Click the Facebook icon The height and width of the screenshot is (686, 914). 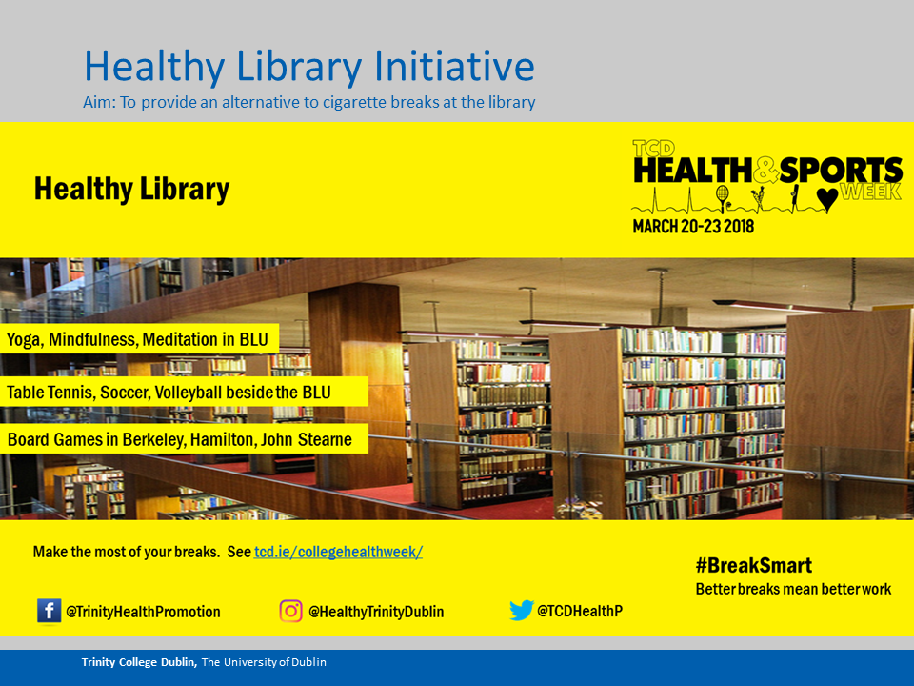(49, 611)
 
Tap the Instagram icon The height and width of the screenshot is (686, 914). (291, 611)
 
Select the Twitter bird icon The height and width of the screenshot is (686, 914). (522, 610)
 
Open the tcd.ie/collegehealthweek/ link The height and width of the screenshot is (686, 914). (338, 552)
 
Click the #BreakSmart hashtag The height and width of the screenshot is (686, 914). (754, 565)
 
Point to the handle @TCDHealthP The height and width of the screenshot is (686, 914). (580, 611)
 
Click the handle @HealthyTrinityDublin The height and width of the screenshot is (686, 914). (376, 612)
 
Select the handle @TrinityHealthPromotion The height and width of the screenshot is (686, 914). (144, 612)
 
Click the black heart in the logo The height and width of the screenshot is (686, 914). (827, 199)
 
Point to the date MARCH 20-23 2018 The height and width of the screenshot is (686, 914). (694, 227)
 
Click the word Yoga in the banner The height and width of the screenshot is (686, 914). (24, 340)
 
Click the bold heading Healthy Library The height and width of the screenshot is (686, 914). (131, 189)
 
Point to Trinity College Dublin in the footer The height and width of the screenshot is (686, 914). (139, 662)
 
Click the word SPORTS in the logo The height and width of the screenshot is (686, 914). (841, 171)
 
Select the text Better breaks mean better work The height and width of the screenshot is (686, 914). (793, 589)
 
